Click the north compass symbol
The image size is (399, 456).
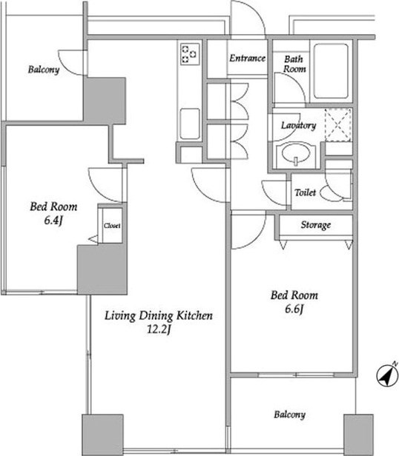[387, 375]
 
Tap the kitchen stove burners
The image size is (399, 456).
[189, 54]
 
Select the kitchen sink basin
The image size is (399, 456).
[190, 124]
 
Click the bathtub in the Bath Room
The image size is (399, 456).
[331, 71]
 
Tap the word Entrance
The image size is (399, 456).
[247, 58]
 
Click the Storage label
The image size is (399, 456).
[316, 225]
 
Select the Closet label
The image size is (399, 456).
[112, 226]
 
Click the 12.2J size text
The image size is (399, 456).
[158, 330]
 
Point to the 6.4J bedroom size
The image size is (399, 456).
[53, 221]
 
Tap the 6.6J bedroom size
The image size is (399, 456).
[294, 309]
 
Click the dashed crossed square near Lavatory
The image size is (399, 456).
[338, 125]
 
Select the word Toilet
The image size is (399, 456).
[305, 192]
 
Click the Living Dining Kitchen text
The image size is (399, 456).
[159, 316]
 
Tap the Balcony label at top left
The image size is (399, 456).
[44, 70]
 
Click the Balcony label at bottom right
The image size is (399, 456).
[289, 415]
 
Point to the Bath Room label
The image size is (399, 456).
[294, 64]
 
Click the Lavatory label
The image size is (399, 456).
[298, 125]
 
